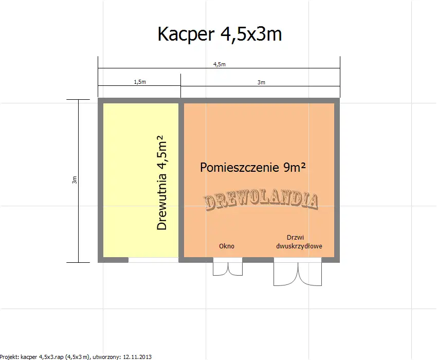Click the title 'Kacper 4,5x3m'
220,34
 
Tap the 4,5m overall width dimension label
220,64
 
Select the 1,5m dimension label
139,82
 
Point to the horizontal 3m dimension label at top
261,82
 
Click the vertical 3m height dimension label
75,180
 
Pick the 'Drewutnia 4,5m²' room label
162,183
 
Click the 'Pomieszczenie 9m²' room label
250,167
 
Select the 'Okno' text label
227,246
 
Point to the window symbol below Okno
228,268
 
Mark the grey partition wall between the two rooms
181,180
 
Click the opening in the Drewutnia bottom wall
153,260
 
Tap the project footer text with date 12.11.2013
76,356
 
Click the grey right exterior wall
337,180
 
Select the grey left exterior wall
100,180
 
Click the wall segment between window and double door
258,260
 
